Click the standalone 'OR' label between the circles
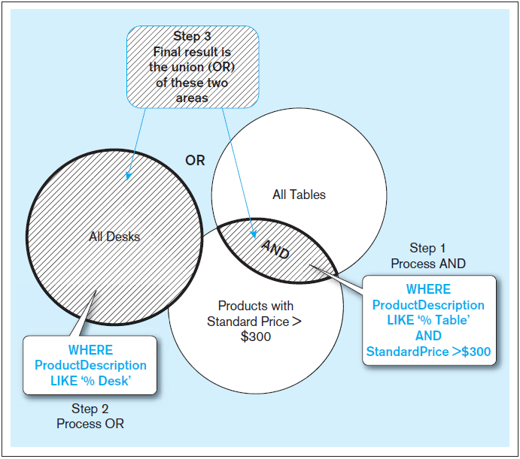195,161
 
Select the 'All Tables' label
299,195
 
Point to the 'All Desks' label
114,237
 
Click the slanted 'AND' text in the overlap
275,249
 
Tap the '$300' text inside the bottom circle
255,337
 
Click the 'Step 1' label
427,248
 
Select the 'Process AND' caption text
427,264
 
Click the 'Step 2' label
90,409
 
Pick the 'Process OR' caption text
90,424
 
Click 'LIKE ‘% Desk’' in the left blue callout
90,381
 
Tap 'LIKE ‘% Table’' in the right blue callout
428,321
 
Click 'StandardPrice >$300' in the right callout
428,352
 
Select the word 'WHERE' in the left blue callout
90,350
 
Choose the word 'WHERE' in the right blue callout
428,289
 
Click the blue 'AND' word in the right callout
428,336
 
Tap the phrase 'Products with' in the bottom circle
255,306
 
